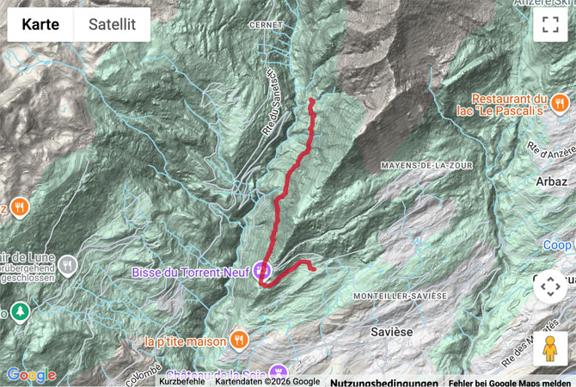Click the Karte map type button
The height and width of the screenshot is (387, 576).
click(x=40, y=25)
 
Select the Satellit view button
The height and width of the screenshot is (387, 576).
click(x=112, y=25)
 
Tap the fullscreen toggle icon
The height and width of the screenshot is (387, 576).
click(x=550, y=25)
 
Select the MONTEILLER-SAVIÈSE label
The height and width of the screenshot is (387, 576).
click(x=400, y=295)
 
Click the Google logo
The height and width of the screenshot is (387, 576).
click(x=31, y=375)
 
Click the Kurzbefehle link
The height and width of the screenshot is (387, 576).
click(x=182, y=382)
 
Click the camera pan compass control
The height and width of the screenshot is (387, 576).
click(x=550, y=286)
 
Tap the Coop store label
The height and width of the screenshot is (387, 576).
click(x=558, y=245)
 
